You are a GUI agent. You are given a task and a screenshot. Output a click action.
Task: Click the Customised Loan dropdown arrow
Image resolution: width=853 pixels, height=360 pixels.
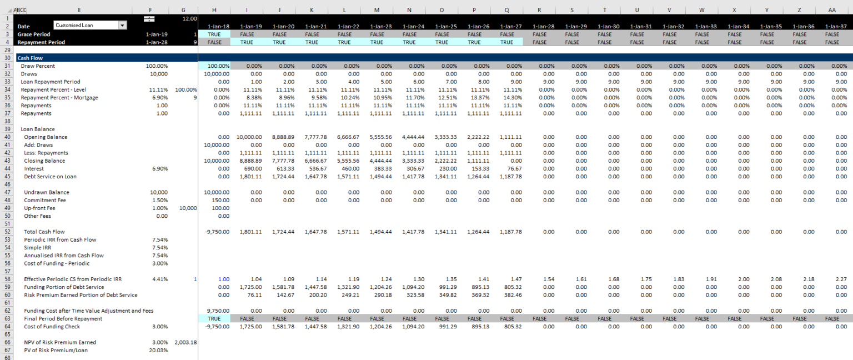pos(122,25)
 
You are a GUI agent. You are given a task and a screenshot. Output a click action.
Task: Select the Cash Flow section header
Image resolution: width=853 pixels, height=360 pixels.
pos(30,58)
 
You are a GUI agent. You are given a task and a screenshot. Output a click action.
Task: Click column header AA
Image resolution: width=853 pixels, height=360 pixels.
pos(831,10)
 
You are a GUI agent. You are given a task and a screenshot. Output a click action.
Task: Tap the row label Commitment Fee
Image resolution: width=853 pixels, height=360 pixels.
pos(46,200)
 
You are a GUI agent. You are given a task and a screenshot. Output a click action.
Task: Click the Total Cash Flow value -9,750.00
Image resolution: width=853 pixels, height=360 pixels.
pos(217,232)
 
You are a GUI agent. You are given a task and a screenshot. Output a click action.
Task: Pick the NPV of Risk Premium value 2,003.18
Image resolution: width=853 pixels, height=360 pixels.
pos(185,342)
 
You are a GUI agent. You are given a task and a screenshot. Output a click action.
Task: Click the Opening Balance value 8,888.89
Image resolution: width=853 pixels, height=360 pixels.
pos(283,137)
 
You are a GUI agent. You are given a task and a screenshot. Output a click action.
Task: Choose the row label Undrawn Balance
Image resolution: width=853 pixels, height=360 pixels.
pos(47,192)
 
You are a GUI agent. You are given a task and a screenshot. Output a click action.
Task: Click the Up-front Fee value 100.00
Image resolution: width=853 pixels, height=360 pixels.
pos(219,208)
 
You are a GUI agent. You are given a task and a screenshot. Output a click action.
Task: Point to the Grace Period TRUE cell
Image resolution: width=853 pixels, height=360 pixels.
pos(214,34)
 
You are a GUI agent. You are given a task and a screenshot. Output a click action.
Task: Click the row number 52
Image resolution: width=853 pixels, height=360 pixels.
pos(8,232)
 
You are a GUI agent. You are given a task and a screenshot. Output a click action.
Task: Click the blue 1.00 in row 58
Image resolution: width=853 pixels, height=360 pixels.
pos(223,279)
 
